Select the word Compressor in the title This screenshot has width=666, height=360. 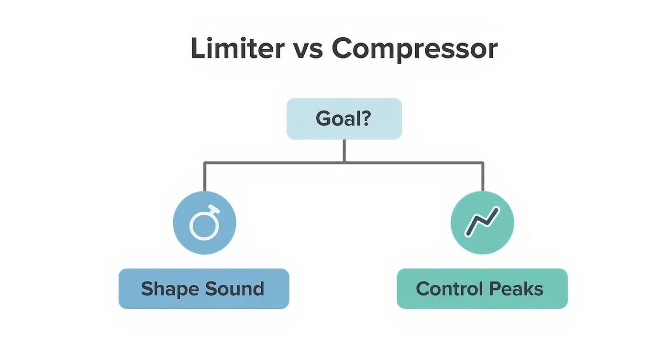[414, 49]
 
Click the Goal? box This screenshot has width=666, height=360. [344, 119]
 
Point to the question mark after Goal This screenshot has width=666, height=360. [366, 118]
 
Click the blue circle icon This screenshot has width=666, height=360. [204, 223]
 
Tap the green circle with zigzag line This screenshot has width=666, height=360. [482, 223]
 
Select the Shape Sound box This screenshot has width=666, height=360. [204, 289]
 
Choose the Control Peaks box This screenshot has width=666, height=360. [482, 289]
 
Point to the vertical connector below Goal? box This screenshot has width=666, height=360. [344, 150]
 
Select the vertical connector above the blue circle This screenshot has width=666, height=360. [205, 177]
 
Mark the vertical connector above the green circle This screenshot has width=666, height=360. [483, 177]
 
